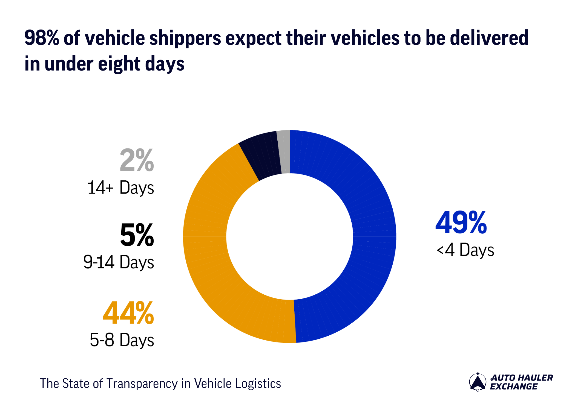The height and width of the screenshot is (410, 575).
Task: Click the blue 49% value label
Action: [x=461, y=223]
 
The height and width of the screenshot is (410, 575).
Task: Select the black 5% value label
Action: [x=137, y=235]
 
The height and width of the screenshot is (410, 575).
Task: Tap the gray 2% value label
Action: [x=137, y=160]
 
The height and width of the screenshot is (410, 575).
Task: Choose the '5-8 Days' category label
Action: [x=122, y=340]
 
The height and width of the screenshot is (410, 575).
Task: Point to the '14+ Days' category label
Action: [x=121, y=188]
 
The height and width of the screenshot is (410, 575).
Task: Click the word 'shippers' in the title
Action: [x=185, y=38]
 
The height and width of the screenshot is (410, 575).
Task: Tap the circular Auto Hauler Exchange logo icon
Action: [x=478, y=382]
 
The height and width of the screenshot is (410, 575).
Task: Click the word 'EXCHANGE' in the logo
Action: [x=513, y=386]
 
